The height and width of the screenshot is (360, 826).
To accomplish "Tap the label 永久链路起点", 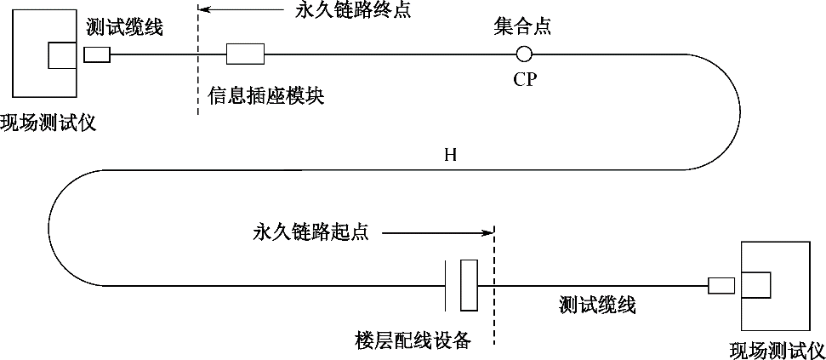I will click(x=310, y=231).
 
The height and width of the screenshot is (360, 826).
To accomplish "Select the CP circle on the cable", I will click(x=524, y=54).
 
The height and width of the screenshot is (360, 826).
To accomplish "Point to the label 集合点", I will click(x=522, y=26).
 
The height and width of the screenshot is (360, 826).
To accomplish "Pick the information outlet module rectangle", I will click(x=245, y=54).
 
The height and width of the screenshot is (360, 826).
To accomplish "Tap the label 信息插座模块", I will click(x=265, y=95).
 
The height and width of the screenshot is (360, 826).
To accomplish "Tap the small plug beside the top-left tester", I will click(x=98, y=54).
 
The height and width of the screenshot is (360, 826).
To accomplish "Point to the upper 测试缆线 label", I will click(x=124, y=26).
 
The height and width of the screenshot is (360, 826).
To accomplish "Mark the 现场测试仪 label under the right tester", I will click(x=778, y=349).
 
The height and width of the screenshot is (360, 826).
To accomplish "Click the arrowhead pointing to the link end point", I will click(x=204, y=11).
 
